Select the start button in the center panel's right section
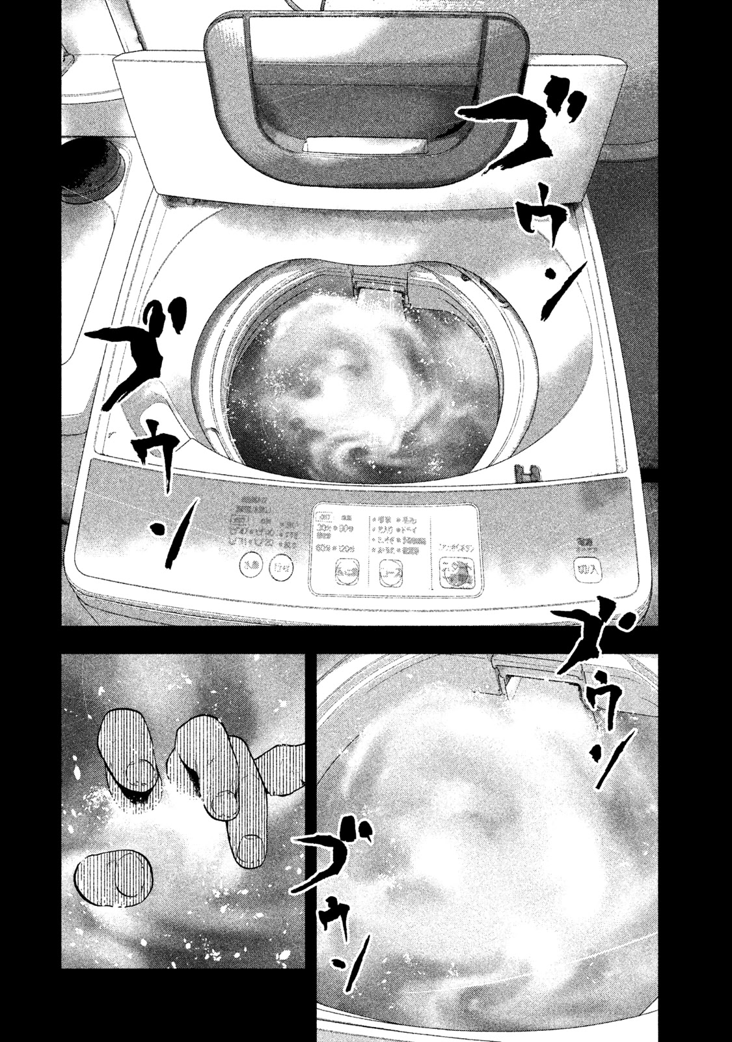pyautogui.click(x=456, y=573)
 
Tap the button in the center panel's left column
pyautogui.click(x=343, y=572)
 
